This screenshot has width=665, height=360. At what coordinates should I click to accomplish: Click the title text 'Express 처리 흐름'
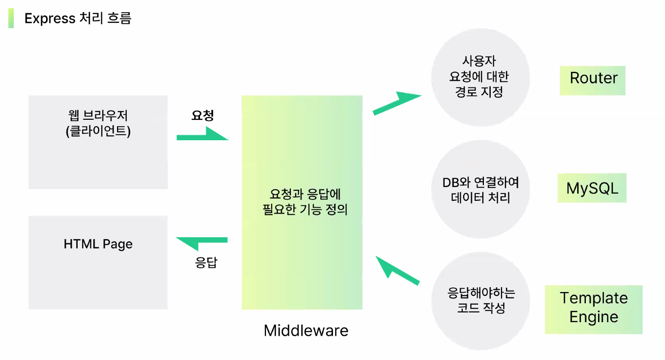(78, 18)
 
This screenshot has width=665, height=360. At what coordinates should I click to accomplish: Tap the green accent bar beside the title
(11, 18)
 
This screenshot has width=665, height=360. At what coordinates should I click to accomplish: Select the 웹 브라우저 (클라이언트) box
(98, 142)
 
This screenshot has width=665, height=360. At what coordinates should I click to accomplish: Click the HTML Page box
(98, 262)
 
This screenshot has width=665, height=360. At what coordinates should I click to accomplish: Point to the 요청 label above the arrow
(203, 115)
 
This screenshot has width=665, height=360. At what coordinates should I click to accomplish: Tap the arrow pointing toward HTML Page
(201, 241)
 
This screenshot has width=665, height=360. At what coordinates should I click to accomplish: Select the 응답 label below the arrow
(206, 262)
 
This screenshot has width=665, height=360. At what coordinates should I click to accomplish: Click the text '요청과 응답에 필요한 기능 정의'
(306, 202)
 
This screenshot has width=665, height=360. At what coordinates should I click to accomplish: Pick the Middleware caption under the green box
(306, 331)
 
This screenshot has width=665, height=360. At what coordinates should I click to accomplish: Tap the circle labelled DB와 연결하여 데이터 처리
(480, 189)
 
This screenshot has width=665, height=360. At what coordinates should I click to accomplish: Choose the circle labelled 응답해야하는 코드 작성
(481, 301)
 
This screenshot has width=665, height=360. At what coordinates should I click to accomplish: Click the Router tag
(593, 78)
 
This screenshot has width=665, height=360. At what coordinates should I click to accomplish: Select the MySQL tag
(592, 188)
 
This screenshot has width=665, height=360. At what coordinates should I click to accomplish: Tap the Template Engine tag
(593, 309)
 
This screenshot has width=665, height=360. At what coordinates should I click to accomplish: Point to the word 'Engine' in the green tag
(594, 317)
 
